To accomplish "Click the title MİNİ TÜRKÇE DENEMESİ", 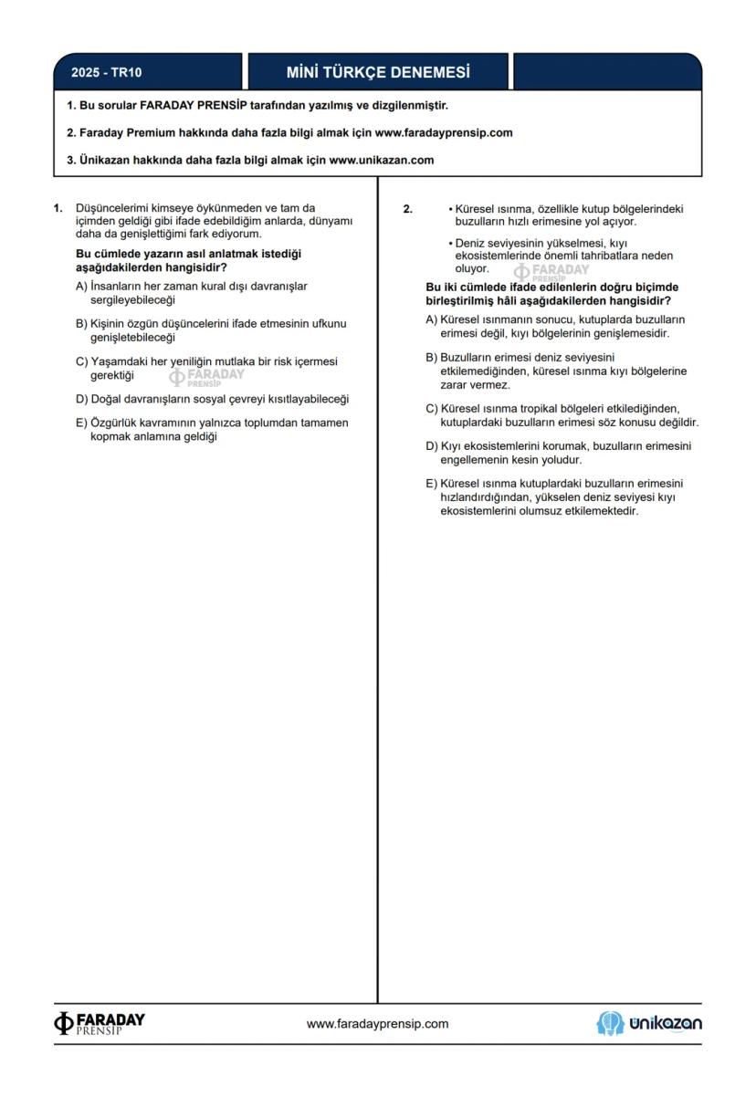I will tap(378, 72).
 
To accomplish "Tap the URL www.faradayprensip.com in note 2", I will tap(444, 132).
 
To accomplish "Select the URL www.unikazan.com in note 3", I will tap(381, 160).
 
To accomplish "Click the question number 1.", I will tap(58, 208).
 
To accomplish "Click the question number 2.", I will tap(407, 209).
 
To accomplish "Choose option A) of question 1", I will tap(82, 287).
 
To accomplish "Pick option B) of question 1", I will tap(82, 324).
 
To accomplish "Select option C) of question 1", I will tap(82, 361).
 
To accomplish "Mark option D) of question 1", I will tap(82, 399).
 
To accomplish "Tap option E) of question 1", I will tap(82, 423).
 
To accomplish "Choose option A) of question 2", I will tap(432, 320).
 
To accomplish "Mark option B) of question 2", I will tap(432, 358).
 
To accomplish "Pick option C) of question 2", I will tap(432, 408).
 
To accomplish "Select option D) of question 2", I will tap(432, 446).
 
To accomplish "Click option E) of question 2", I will tap(432, 484).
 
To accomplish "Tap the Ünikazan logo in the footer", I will tap(649, 1023).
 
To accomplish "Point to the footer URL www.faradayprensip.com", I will tap(377, 1024).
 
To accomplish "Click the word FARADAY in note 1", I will tap(173, 105).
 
